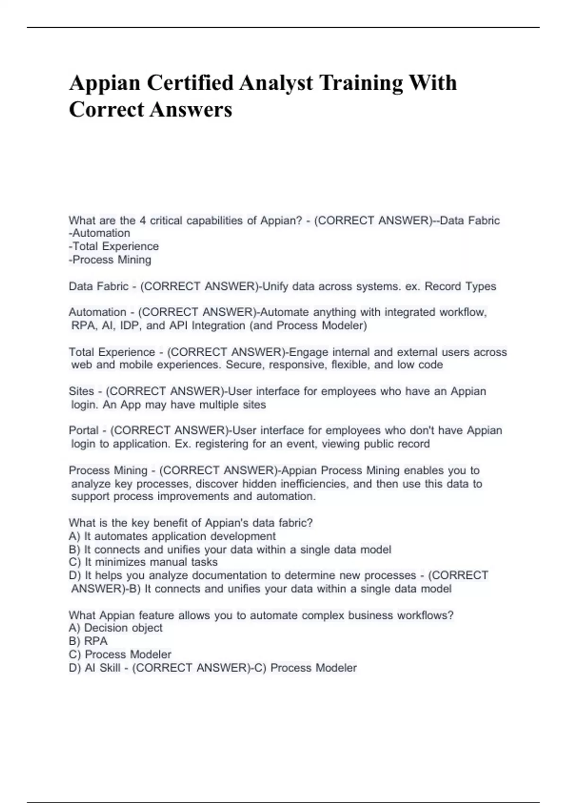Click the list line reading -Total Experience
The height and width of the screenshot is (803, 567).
pos(114,247)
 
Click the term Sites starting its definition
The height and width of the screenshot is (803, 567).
pos(81,392)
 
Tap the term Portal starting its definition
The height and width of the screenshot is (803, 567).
pos(84,431)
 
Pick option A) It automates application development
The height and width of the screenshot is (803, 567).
pos(172,537)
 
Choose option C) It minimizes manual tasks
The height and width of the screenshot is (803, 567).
pos(143,562)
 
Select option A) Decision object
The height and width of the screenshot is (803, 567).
pos(116,628)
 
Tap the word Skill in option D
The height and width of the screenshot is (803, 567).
pos(110,668)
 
